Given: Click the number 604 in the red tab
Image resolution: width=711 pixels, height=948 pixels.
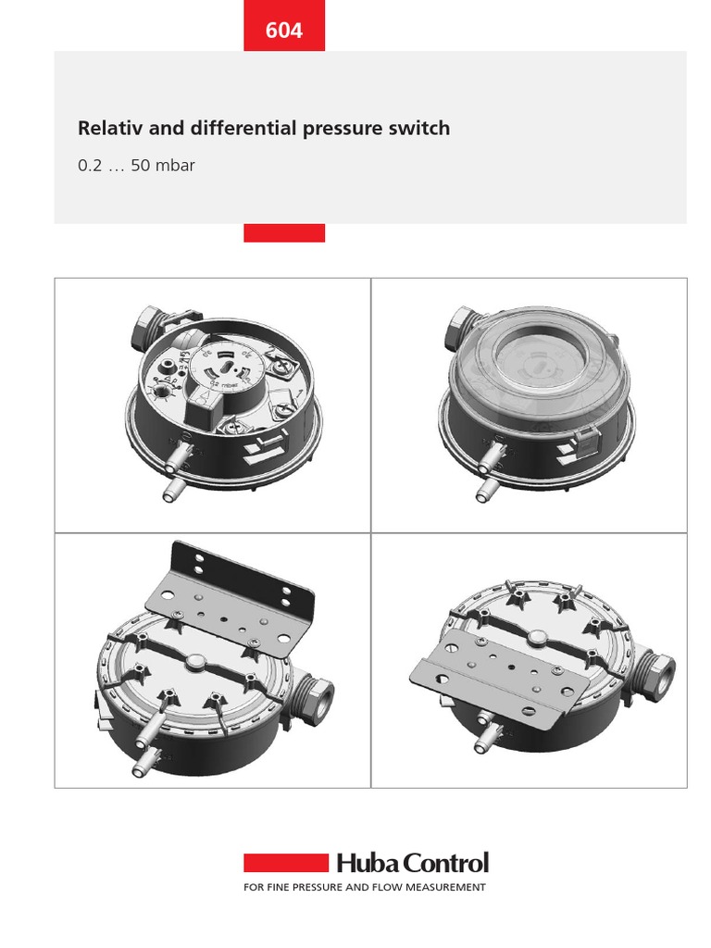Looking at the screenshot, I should coord(284,31).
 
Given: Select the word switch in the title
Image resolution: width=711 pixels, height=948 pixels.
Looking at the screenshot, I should coord(422,129).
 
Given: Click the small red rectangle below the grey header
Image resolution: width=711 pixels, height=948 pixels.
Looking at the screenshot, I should coord(284,232).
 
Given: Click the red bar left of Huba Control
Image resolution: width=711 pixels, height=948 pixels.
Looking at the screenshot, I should coord(286,863).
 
